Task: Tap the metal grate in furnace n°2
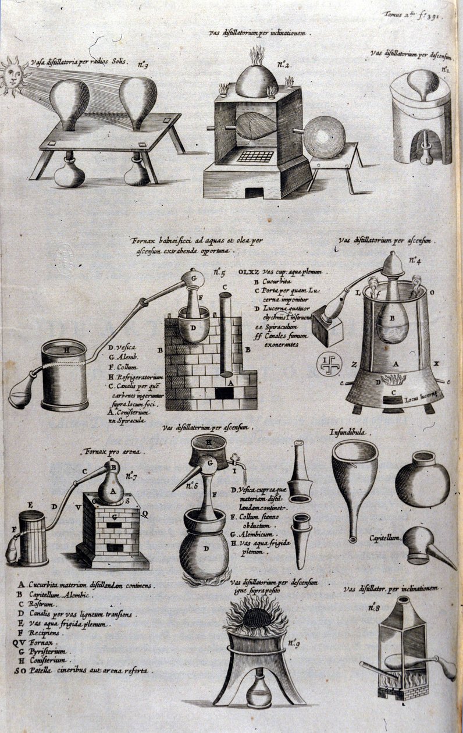click(x=256, y=156)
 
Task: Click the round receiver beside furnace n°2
click(x=325, y=137)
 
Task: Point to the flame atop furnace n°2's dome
click(x=257, y=56)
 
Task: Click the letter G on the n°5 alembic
click(x=191, y=279)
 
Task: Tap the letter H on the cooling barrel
click(x=66, y=350)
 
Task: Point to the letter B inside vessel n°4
click(x=391, y=319)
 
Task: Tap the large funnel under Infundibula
click(x=354, y=477)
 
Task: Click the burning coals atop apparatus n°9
click(x=256, y=618)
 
